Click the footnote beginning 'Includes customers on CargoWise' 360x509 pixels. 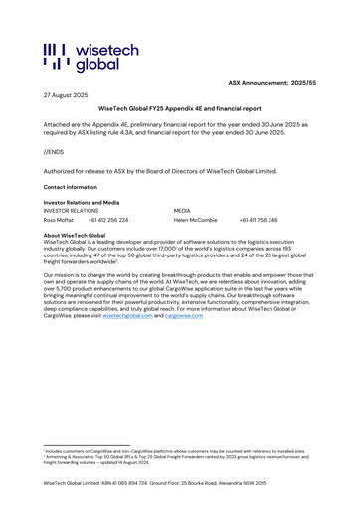tap(179, 451)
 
